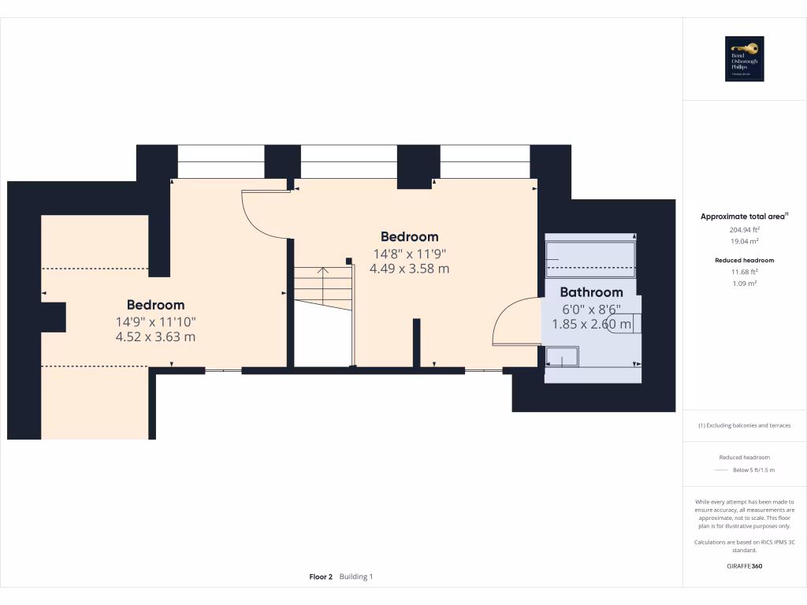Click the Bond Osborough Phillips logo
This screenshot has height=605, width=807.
click(745, 59)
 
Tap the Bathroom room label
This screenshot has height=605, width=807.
click(591, 292)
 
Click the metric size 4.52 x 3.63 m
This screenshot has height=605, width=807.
click(155, 336)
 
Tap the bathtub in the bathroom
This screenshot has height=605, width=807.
click(589, 257)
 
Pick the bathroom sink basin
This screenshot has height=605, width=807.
click(562, 356)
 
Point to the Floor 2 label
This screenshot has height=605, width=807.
click(321, 577)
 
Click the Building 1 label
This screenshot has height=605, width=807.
click(356, 577)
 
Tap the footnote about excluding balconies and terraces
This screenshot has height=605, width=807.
click(744, 425)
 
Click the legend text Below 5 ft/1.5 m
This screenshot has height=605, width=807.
click(754, 470)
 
